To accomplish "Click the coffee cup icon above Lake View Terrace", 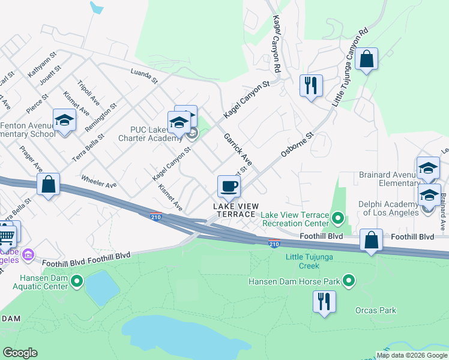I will (228, 185).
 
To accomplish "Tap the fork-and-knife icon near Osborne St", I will (311, 85).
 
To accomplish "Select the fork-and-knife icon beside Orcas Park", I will (324, 301).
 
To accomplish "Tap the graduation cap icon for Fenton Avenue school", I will (64, 120).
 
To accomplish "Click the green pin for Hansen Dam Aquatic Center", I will (77, 281).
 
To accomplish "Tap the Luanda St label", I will (143, 76).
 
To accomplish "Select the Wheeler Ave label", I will (99, 182).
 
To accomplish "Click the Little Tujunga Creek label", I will (310, 261).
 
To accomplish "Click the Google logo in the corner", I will (20, 353).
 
